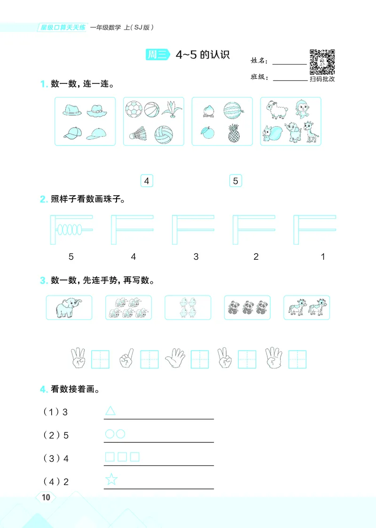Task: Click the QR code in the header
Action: coord(322,62)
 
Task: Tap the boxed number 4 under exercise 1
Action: coord(147,181)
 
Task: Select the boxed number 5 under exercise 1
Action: coord(235,181)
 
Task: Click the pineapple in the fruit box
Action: coord(233,134)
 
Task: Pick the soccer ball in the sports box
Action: coord(133,111)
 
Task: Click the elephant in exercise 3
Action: coord(69,308)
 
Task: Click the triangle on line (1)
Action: coord(110,411)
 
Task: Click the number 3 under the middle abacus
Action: coord(196,257)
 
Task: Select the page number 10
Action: coord(46,498)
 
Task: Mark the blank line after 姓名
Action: coord(289,63)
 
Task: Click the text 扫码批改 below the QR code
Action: coord(322,79)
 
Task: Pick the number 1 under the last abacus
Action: coord(323,257)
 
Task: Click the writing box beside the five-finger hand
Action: coord(200,360)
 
